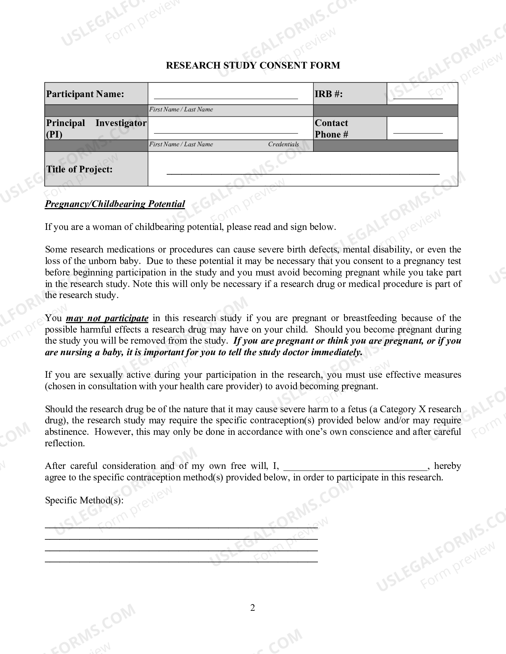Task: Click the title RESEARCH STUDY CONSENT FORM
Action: pyautogui.click(x=253, y=65)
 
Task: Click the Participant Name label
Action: pyautogui.click(x=85, y=94)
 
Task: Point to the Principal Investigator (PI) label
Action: pyautogui.click(x=96, y=128)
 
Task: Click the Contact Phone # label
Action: pyautogui.click(x=331, y=128)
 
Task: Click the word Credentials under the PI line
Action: pyautogui.click(x=283, y=144)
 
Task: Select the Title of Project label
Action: pyautogui.click(x=79, y=169)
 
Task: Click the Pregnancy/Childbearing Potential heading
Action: pyautogui.click(x=115, y=204)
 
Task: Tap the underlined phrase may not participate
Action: pyautogui.click(x=107, y=318)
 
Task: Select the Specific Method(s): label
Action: pyautogui.click(x=84, y=500)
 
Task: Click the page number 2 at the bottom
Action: pyautogui.click(x=253, y=608)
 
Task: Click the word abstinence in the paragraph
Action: pyautogui.click(x=66, y=432)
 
